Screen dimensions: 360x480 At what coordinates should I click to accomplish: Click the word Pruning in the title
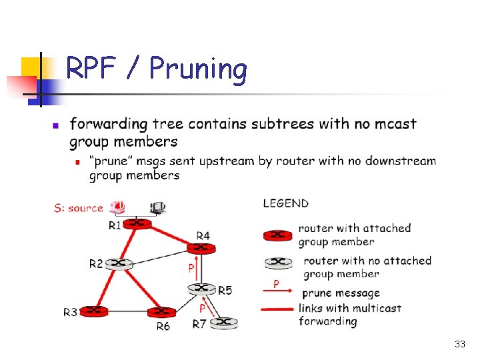pyautogui.click(x=198, y=69)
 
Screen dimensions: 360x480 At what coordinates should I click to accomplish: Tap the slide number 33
pyautogui.click(x=459, y=345)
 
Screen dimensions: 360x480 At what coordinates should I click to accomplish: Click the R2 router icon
pyautogui.click(x=119, y=263)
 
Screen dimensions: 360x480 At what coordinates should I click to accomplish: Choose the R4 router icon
pyautogui.click(x=201, y=247)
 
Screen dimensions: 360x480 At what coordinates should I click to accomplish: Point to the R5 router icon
pyautogui.click(x=201, y=289)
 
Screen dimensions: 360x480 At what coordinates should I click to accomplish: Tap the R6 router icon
pyautogui.click(x=161, y=312)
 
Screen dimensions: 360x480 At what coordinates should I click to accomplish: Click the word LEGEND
pyautogui.click(x=285, y=203)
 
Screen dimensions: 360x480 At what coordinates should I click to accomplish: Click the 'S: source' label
pyautogui.click(x=79, y=209)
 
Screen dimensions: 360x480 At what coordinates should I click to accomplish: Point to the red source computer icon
pyautogui.click(x=119, y=207)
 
